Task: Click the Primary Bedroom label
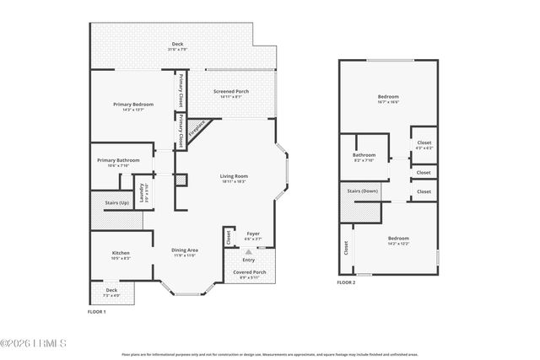click(132, 104)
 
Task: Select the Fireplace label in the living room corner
click(197, 131)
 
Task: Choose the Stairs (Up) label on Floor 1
click(116, 203)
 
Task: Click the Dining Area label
click(185, 250)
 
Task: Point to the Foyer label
click(252, 233)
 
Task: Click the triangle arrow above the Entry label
click(248, 250)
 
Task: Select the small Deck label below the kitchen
click(111, 290)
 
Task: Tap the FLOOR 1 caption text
click(96, 312)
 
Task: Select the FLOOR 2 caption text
click(347, 282)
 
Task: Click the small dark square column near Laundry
click(181, 180)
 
